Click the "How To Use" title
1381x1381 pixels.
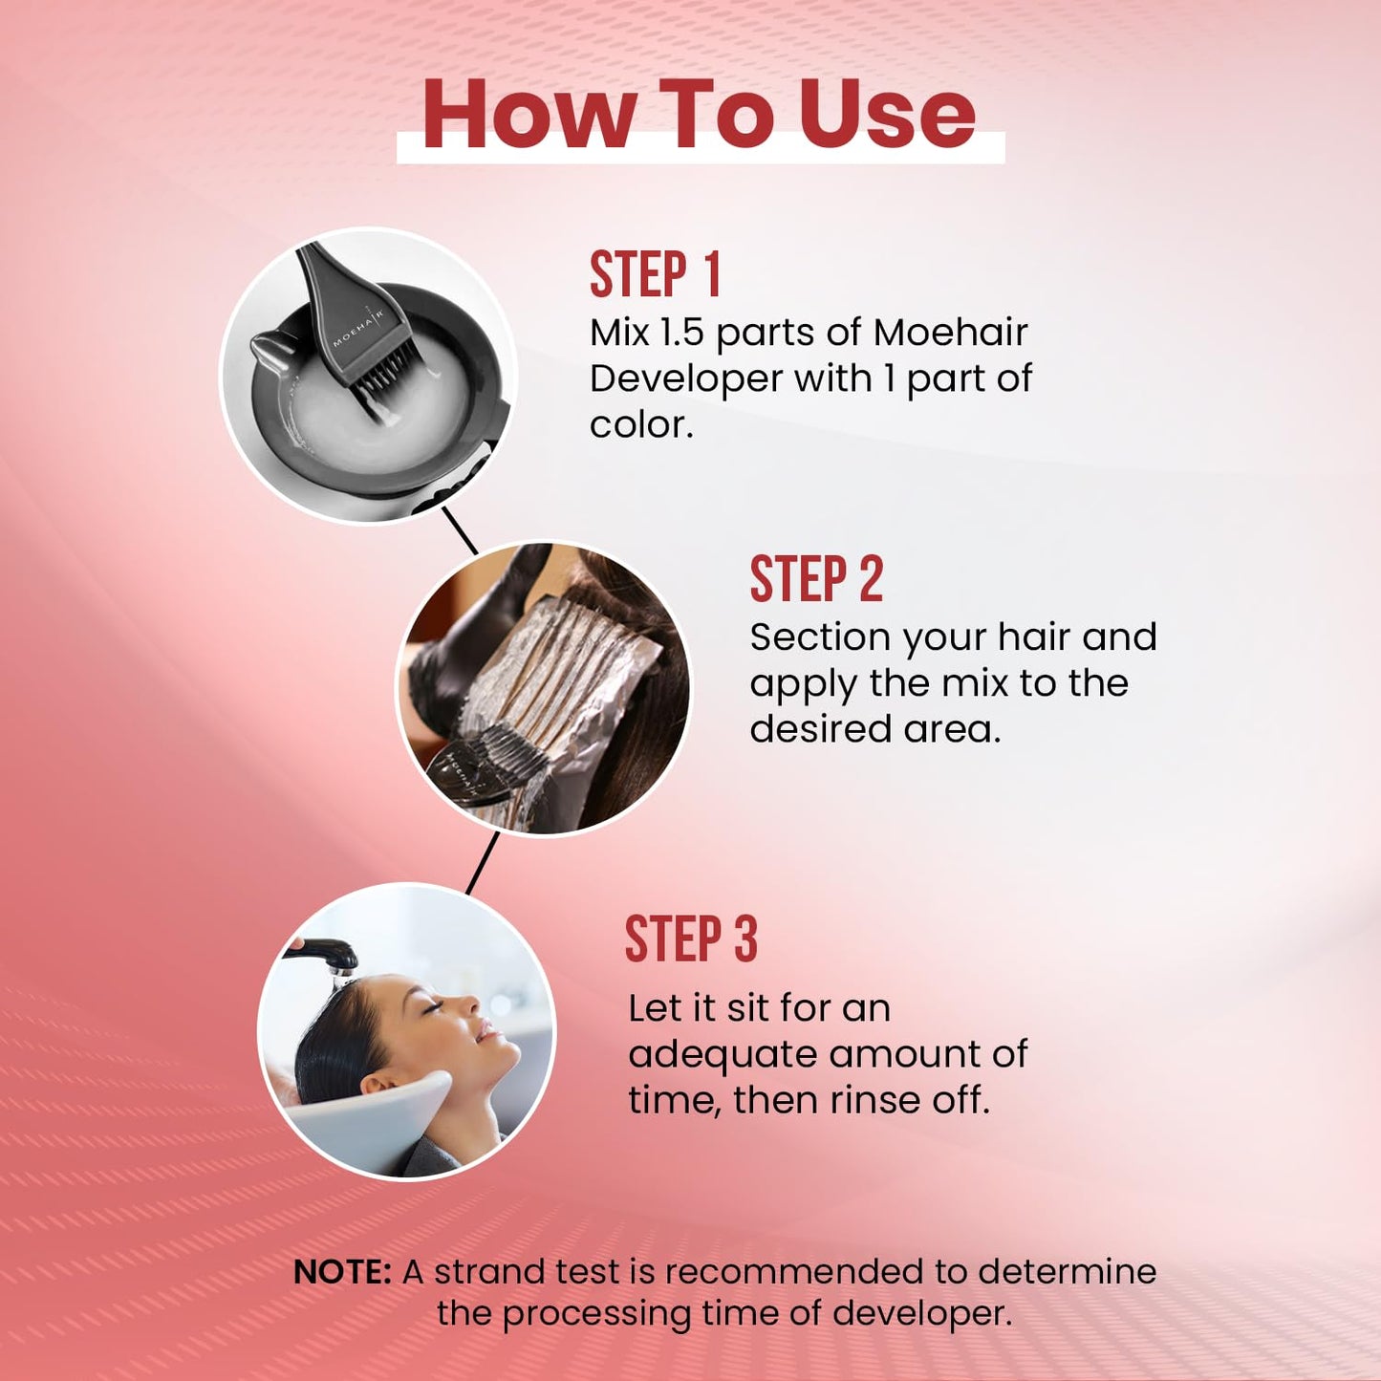(700, 116)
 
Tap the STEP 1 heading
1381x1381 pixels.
(655, 274)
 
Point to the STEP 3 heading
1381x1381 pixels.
(691, 939)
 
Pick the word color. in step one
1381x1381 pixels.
(641, 425)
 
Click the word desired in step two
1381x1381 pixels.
(815, 729)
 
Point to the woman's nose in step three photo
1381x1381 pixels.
(469, 1004)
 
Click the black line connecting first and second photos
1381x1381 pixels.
(460, 531)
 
